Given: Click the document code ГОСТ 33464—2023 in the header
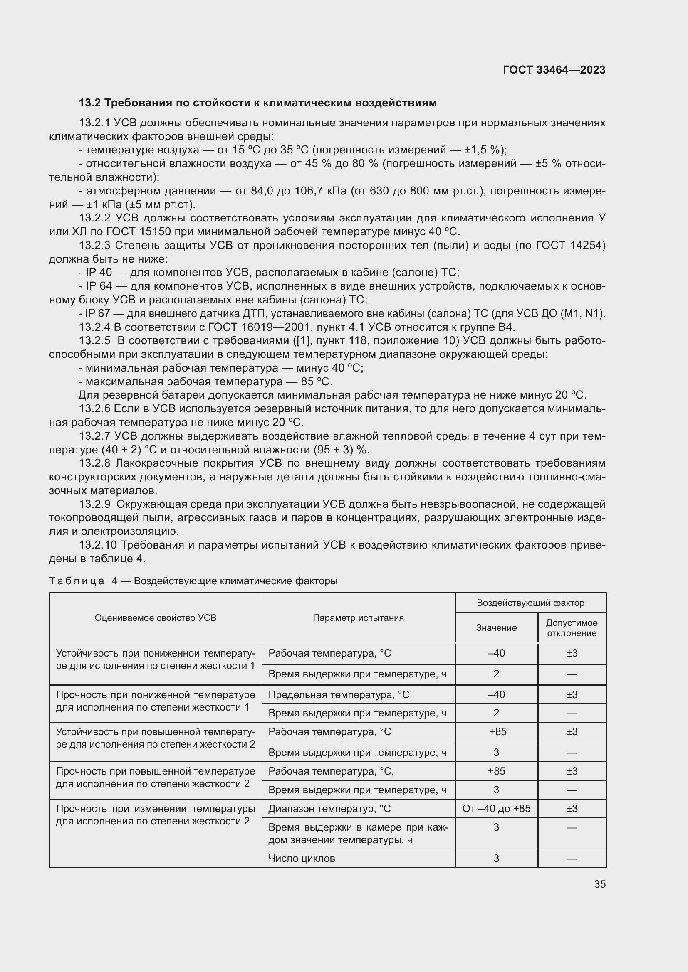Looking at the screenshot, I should (554, 70).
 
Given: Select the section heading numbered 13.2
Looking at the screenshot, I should (257, 103).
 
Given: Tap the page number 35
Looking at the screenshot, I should (599, 884).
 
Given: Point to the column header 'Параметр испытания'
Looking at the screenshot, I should (358, 618).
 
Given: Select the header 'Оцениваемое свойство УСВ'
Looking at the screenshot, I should (156, 618).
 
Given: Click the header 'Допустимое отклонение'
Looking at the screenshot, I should (572, 628).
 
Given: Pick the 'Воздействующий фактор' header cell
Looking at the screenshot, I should (530, 603).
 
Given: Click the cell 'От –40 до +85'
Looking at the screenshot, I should (496, 809).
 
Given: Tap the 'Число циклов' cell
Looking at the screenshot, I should (302, 859).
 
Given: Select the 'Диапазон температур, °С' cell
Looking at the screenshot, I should (329, 809).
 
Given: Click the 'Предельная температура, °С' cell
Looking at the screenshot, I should (339, 695).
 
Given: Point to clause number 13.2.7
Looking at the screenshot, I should (94, 436).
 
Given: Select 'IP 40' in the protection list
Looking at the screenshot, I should (98, 273).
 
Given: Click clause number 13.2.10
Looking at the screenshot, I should (97, 545).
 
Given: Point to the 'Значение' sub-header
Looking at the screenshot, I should (496, 628).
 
